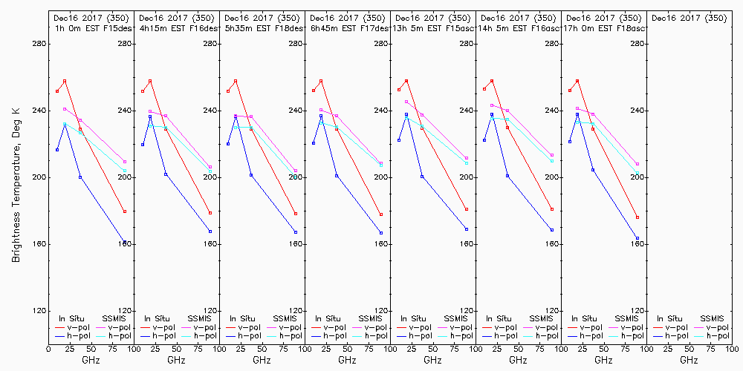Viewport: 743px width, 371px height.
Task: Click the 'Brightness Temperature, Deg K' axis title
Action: [x=16, y=184]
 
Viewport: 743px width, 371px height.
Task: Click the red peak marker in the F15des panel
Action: [x=65, y=81]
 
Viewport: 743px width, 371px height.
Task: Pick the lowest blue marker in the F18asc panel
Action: [x=637, y=238]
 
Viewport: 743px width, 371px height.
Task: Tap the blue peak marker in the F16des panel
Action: [x=150, y=116]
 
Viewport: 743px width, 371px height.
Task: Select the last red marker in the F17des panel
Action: [x=381, y=214]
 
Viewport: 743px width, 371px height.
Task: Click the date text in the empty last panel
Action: [x=689, y=18]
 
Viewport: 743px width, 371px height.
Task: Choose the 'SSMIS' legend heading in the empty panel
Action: [x=713, y=318]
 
